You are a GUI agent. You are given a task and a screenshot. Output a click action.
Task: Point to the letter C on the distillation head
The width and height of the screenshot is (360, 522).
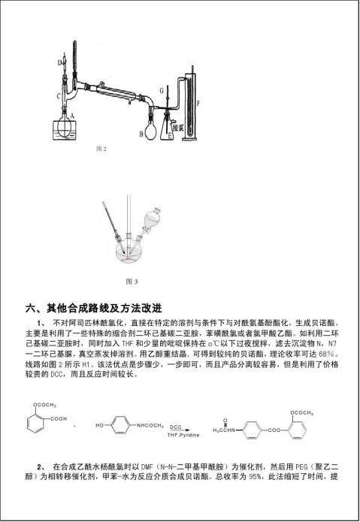click(x=59, y=96)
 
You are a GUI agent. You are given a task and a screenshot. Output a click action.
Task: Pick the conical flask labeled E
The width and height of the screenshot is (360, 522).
click(x=174, y=125)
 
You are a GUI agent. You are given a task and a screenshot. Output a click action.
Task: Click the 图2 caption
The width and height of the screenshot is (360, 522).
click(x=101, y=149)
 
